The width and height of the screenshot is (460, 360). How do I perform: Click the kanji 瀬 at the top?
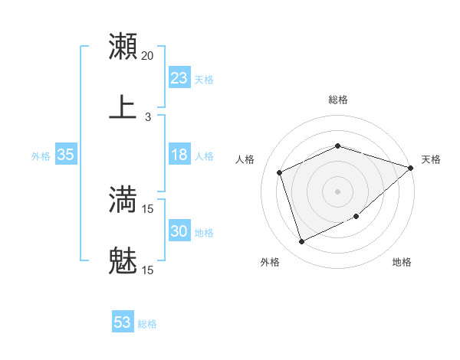coord(123,47)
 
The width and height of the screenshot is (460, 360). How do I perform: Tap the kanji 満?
coord(123,200)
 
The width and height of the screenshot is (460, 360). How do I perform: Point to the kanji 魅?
coord(123,262)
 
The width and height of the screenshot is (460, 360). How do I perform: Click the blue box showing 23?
coord(179,78)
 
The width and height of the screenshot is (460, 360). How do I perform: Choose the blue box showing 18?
coord(179,155)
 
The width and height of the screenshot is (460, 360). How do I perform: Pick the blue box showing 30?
coord(179,231)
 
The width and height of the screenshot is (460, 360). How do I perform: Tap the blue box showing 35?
coord(65,155)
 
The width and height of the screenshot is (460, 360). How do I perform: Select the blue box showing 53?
coord(123,322)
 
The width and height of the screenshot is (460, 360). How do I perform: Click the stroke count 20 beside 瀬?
coord(148,56)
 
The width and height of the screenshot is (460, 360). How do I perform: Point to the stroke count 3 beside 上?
coord(148,117)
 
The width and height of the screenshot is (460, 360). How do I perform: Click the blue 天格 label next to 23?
coord(204,79)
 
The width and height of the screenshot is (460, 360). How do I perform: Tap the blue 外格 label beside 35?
coord(41,155)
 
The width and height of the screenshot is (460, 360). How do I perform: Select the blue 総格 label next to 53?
coord(147,324)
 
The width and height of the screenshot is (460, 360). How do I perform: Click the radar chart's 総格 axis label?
coord(337,100)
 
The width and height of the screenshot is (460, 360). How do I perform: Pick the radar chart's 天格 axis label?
coord(431,159)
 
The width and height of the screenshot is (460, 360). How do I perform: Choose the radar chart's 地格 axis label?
coord(402,262)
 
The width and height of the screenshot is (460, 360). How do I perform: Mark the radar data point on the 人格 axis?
coord(280,172)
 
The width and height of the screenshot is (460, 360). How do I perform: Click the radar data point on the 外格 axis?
coord(301,242)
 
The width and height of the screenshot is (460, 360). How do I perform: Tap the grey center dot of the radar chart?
coord(337,191)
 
